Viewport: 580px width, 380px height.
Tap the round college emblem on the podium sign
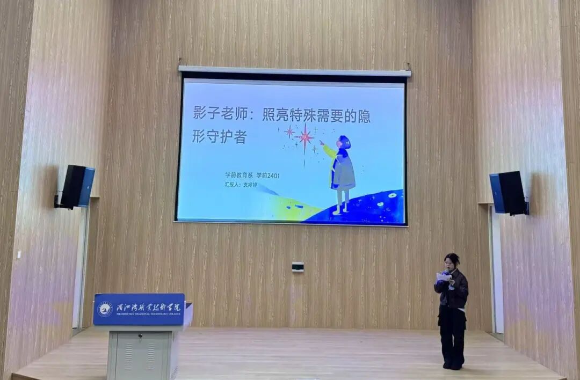[x=105, y=309]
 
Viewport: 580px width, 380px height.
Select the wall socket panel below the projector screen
[x=298, y=266]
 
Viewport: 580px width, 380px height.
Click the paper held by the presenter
[x=443, y=277]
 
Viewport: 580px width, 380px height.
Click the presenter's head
[x=451, y=261]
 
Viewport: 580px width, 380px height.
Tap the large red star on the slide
[x=305, y=137]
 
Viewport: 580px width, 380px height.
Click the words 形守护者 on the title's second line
[x=219, y=136]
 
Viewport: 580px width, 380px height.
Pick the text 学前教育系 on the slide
[x=238, y=175]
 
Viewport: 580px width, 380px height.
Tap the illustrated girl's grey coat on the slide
[x=343, y=171]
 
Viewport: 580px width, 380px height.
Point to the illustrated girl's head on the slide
[x=344, y=142]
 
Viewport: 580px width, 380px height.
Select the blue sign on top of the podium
[x=139, y=309]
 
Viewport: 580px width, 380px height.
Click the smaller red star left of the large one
[x=290, y=131]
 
